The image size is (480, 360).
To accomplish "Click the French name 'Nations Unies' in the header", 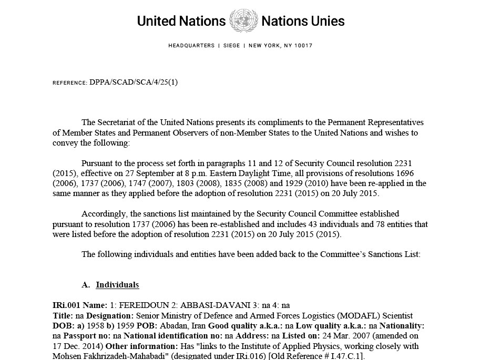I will click(303, 21).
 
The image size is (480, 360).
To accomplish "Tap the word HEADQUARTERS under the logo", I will click(191, 46).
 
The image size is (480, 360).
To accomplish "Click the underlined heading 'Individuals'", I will click(117, 285).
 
